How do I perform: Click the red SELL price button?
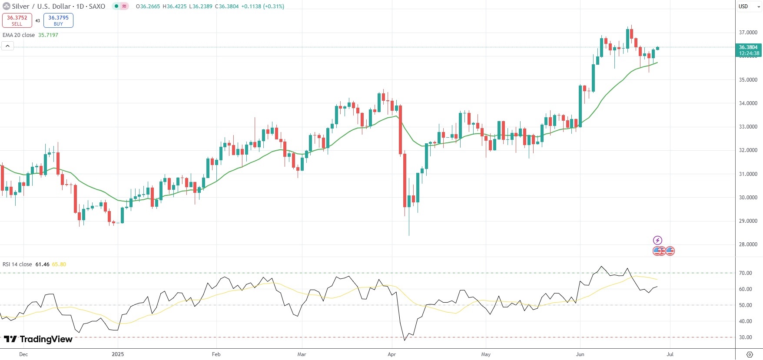coord(17,20)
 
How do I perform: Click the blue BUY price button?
coord(58,20)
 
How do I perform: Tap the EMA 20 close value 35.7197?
coord(48,35)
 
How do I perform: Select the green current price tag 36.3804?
coord(748,50)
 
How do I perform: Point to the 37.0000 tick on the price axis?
coord(748,33)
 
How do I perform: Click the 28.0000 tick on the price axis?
coord(748,244)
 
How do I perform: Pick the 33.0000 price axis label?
coord(748,127)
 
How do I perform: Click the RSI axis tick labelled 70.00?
coord(746,273)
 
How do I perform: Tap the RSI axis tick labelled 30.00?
coord(746,337)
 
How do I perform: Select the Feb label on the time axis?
coord(216,354)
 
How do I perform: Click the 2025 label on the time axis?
coord(118,354)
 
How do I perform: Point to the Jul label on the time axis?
coord(670,354)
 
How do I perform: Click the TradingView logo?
coord(38,339)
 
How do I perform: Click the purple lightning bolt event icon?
coord(657,240)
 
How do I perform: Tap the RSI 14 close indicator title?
coord(17,264)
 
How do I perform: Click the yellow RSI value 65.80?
coord(59,264)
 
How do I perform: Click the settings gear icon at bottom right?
coord(750,354)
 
